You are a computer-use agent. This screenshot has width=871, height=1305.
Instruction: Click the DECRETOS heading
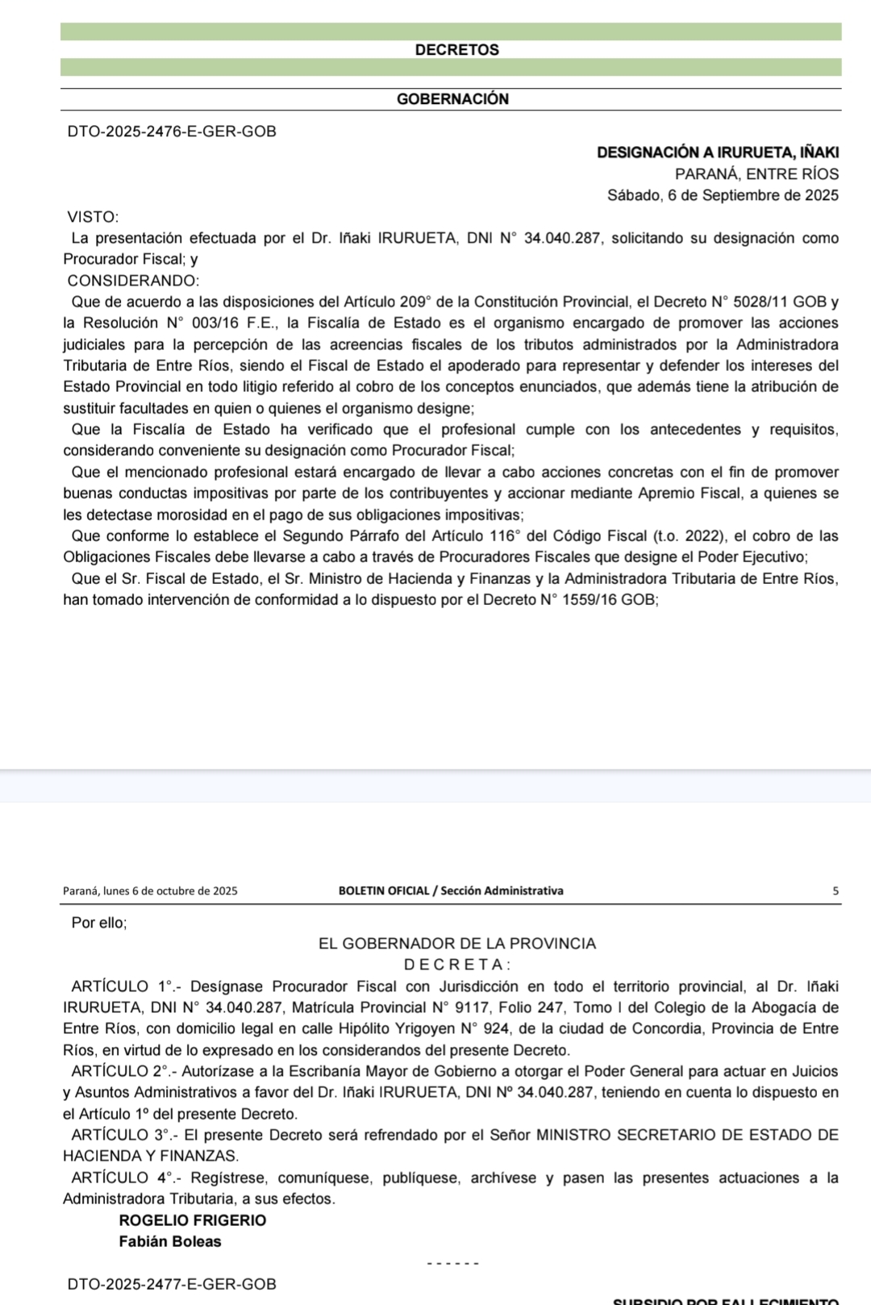[x=456, y=50]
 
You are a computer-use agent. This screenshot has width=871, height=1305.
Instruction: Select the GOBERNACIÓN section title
[x=452, y=99]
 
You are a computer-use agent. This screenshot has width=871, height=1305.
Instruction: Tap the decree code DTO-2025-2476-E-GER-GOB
[x=172, y=131]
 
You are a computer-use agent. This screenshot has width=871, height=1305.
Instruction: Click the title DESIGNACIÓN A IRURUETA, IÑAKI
[x=718, y=152]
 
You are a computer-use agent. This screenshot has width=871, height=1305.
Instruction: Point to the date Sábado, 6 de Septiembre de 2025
[x=723, y=195]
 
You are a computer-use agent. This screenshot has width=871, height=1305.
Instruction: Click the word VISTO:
[x=94, y=217]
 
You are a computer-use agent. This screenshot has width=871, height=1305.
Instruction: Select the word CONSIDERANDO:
[x=133, y=281]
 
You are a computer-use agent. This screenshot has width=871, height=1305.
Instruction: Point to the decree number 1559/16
[x=589, y=600]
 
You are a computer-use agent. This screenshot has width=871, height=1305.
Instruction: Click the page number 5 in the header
[x=836, y=891]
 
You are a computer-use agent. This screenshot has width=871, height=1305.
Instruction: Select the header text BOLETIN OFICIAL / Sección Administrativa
[x=451, y=891]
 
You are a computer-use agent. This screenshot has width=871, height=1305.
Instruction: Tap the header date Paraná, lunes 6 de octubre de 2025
[x=150, y=891]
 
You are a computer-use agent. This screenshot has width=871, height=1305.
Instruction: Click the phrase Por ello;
[x=99, y=923]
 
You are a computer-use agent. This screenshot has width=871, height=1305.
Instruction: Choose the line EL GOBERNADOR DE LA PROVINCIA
[x=457, y=944]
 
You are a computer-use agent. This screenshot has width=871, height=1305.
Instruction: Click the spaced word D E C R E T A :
[x=456, y=965]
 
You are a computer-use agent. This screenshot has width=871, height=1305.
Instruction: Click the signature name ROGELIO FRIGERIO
[x=192, y=1220]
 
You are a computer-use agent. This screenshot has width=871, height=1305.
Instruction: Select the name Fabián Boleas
[x=169, y=1241]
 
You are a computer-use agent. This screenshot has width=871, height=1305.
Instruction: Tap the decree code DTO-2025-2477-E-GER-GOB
[x=172, y=1284]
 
